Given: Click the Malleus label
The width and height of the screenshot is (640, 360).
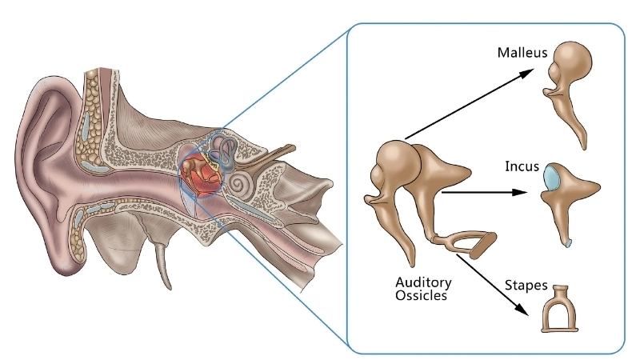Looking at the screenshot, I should point(522,54).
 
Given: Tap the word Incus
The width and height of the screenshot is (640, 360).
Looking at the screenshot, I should point(521,167).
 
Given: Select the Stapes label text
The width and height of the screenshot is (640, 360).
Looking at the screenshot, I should point(526,285).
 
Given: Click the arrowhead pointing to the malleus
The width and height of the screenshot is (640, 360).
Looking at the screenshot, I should point(528,72).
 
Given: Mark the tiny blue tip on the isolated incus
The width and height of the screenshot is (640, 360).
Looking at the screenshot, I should point(567,242).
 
